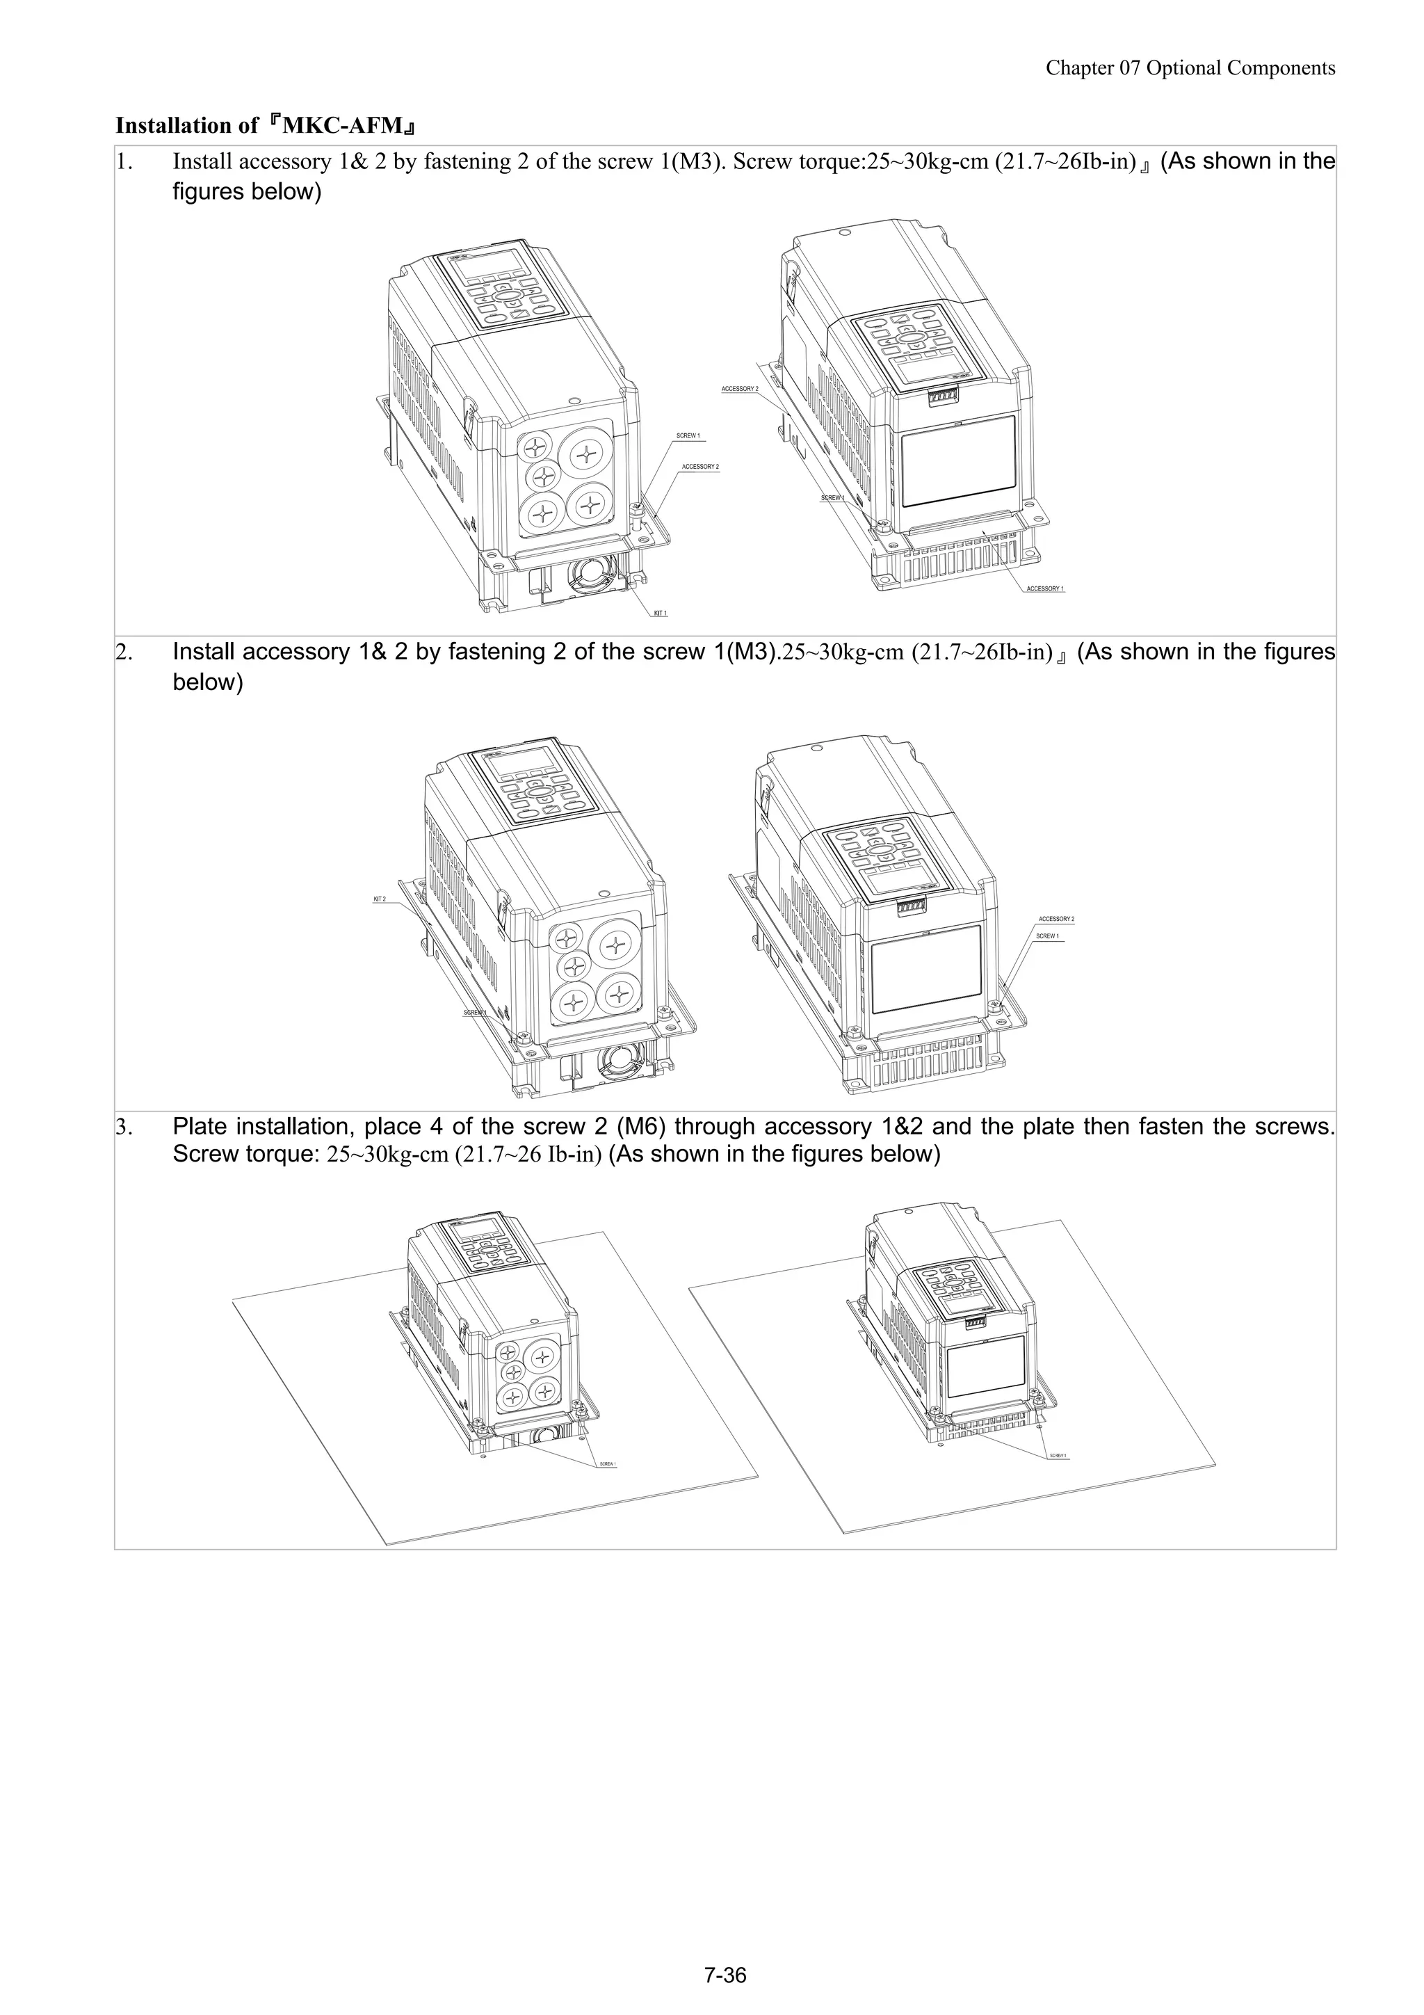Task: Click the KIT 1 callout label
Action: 660,613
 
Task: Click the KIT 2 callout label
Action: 379,899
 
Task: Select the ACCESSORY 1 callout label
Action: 1044,589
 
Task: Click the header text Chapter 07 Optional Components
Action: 1190,68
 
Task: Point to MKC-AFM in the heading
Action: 343,125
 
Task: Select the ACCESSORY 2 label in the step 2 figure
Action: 1055,919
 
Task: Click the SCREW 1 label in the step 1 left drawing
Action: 688,435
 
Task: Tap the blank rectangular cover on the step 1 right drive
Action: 957,463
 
